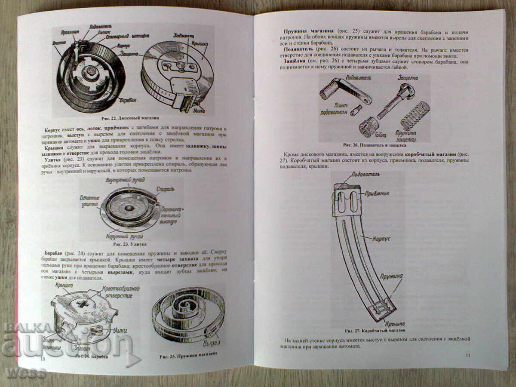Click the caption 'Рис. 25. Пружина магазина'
click(x=188, y=355)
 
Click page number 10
click(x=43, y=358)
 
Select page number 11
click(x=468, y=355)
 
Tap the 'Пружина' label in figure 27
click(x=391, y=275)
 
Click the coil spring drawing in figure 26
click(x=414, y=115)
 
